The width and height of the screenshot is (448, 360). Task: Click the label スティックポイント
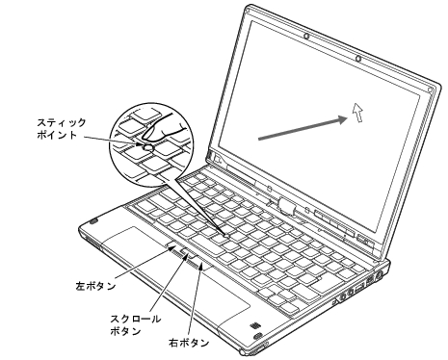[49, 129]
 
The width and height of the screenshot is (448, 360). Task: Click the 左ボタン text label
[96, 285]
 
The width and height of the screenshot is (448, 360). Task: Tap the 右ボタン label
[197, 342]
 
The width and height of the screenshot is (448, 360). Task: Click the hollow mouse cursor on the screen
[358, 115]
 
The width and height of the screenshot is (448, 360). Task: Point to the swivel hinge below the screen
[286, 205]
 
